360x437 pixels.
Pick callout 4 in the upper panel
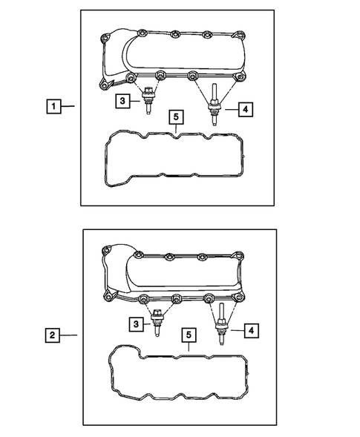click(x=246, y=109)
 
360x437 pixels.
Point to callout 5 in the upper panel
click(x=175, y=117)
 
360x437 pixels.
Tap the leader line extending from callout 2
click(x=69, y=336)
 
